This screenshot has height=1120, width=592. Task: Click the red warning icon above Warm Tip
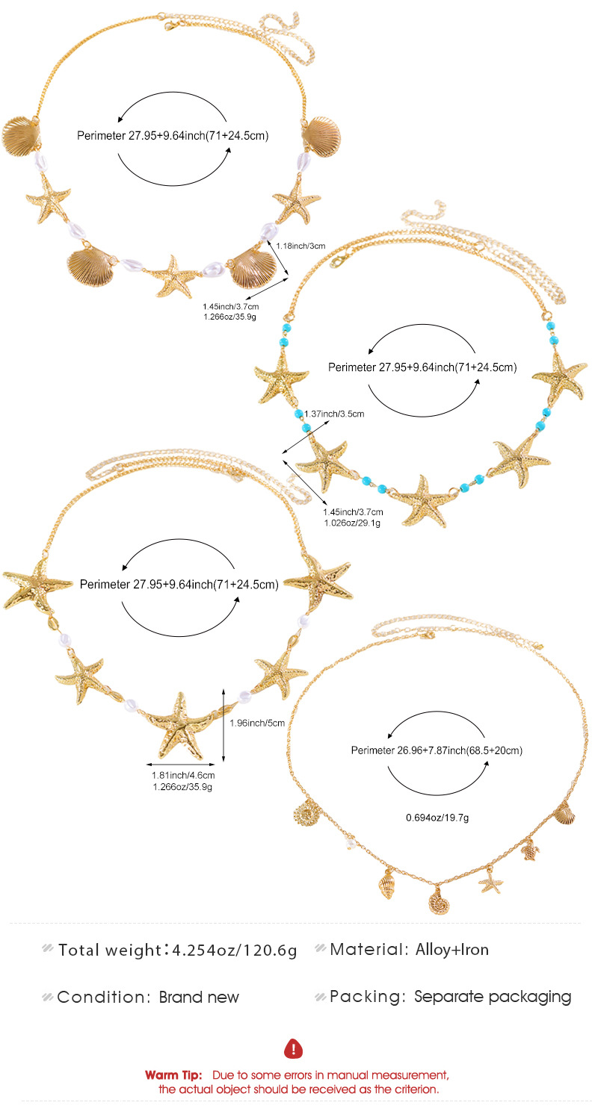point(293,1048)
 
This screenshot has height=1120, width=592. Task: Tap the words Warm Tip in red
point(173,1075)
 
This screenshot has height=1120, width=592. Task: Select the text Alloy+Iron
point(452,950)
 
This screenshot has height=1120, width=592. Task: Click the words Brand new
point(199,997)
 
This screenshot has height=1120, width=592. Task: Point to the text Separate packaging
point(493,997)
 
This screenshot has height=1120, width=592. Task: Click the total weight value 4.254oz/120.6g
point(235,950)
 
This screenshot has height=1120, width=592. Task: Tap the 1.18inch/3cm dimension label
point(300,246)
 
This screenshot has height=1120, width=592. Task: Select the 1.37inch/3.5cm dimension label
point(334,414)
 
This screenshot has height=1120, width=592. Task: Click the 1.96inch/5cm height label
point(257,723)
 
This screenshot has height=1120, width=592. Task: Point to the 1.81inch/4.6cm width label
point(183,776)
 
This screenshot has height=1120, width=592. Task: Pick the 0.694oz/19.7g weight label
point(437,818)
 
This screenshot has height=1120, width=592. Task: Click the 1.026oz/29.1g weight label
point(352,523)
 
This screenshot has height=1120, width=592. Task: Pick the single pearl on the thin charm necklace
point(351,844)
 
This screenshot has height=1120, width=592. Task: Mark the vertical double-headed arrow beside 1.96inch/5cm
point(223,724)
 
